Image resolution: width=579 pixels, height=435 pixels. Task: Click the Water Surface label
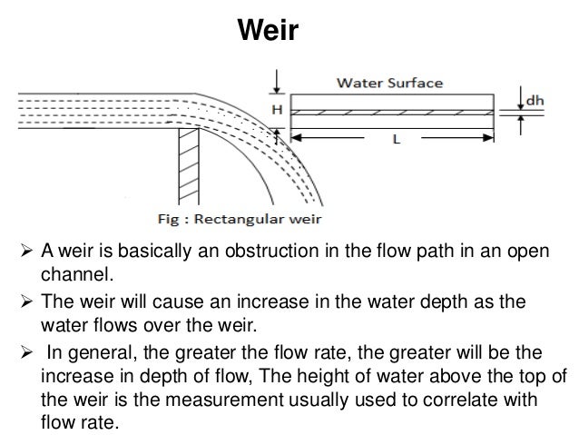(x=390, y=83)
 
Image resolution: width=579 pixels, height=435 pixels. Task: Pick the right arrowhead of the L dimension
(x=489, y=138)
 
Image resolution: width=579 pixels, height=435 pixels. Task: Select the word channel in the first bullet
(x=74, y=272)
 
